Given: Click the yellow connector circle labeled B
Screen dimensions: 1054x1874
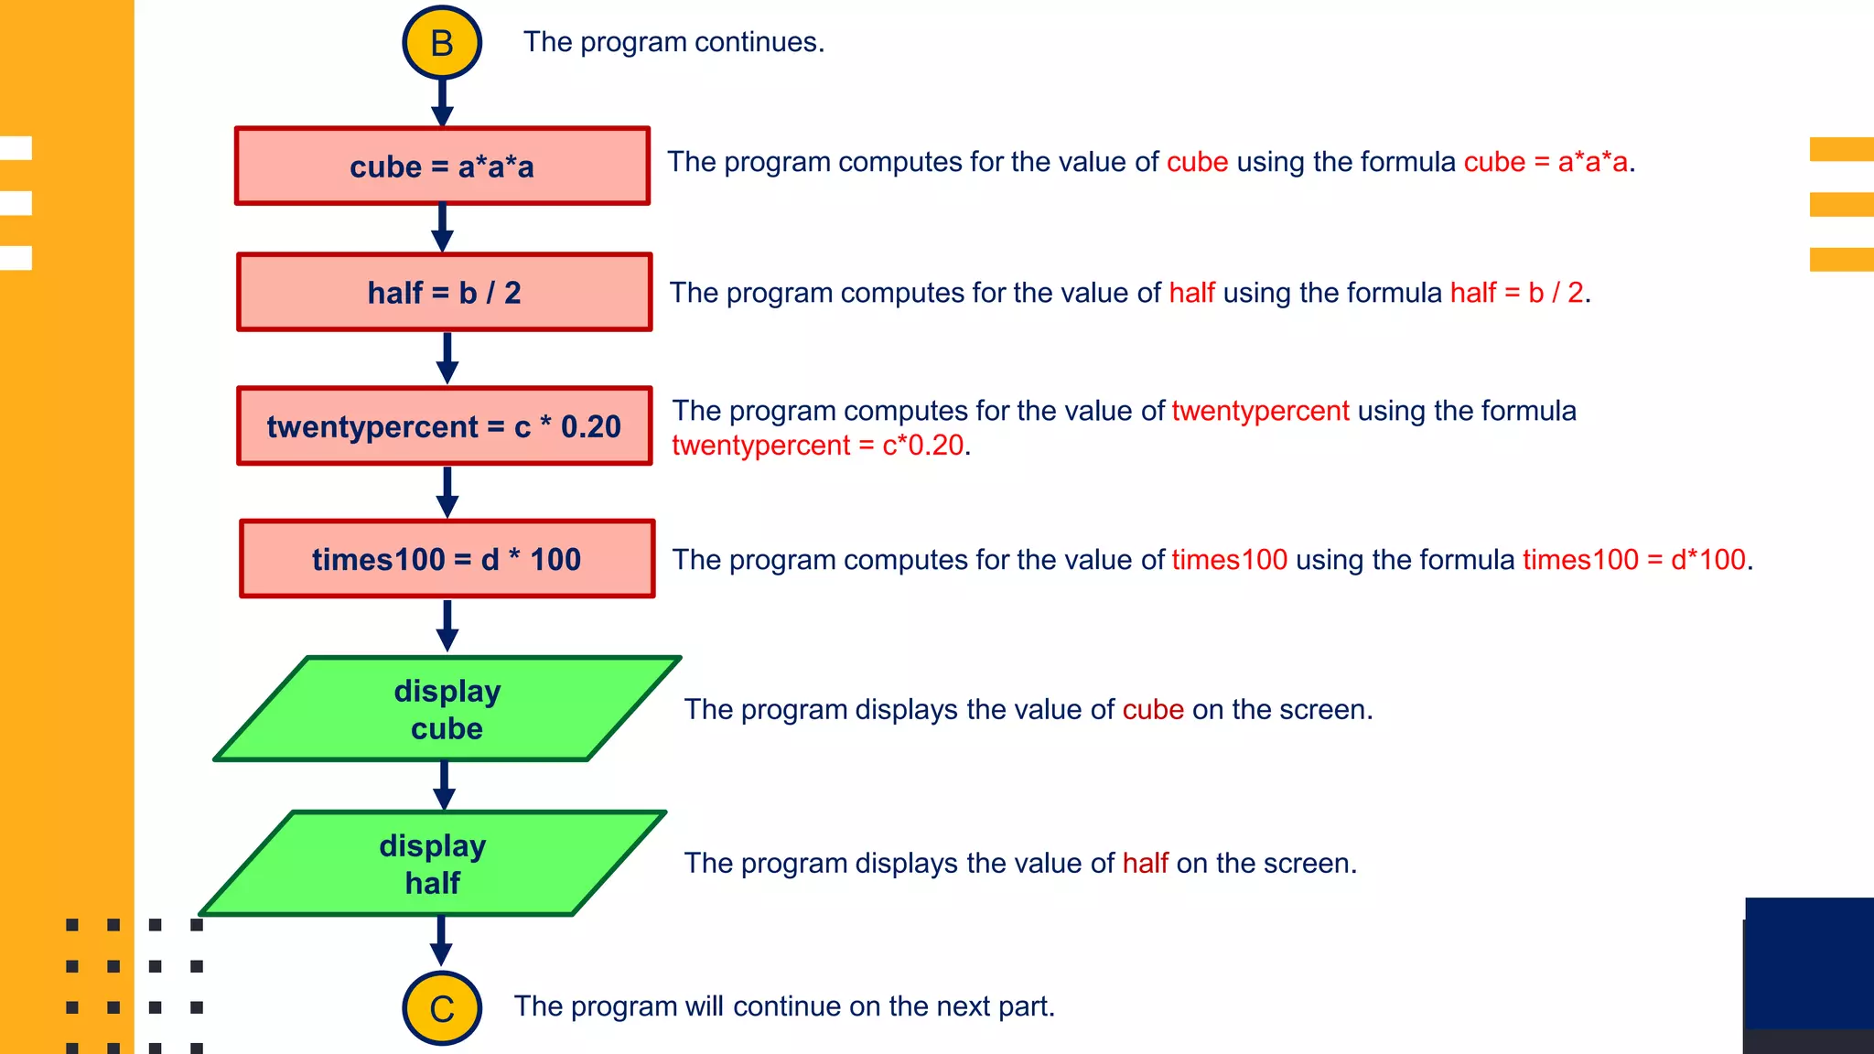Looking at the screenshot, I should (442, 43).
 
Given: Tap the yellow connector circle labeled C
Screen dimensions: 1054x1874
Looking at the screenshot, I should (442, 1008).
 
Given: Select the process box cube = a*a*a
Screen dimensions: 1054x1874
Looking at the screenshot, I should (443, 166).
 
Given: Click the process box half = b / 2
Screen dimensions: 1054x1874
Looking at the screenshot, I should (445, 292).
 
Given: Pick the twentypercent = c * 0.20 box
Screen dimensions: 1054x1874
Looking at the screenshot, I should (445, 426).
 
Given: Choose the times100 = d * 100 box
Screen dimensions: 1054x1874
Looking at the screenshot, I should (447, 559).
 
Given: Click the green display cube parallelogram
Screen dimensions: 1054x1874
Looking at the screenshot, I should (447, 709).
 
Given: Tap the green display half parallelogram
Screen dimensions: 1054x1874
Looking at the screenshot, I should (433, 864).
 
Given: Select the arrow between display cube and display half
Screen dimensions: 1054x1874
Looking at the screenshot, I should (444, 785).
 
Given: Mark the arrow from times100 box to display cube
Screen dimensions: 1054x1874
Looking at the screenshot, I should (447, 626).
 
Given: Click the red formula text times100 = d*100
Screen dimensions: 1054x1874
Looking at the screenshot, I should (1634, 559).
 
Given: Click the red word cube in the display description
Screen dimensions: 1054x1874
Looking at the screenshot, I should (1153, 709).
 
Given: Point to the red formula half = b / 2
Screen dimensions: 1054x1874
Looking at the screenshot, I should (1516, 293).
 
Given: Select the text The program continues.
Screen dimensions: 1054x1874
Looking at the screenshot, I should (673, 42).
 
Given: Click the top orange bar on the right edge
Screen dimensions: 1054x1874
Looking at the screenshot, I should (1841, 149).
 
